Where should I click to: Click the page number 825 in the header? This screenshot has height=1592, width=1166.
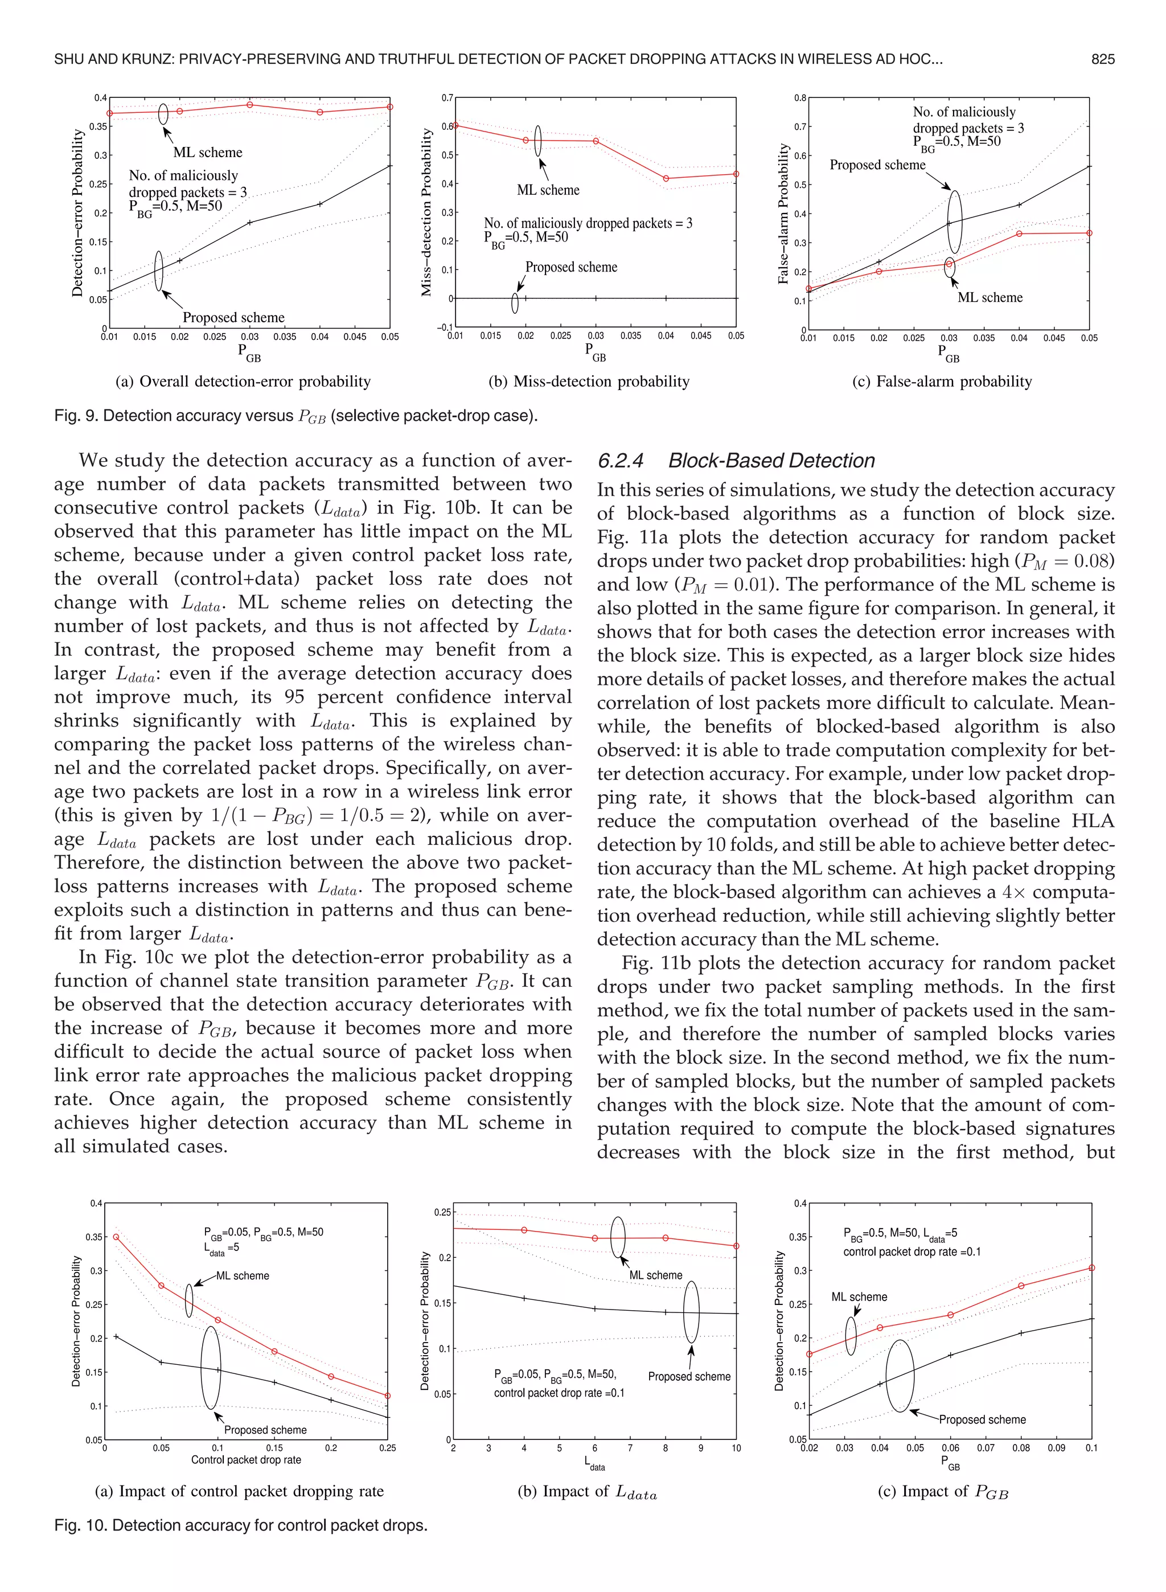(x=1102, y=59)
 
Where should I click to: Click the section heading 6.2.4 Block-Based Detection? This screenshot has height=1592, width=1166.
(x=736, y=461)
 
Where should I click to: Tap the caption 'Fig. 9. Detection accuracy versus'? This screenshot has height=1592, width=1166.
(x=173, y=416)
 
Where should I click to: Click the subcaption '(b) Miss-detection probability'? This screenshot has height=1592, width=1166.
(x=589, y=381)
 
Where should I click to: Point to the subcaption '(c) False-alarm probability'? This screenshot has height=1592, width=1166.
(x=942, y=381)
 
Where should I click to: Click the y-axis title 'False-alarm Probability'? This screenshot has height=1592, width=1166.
(x=783, y=214)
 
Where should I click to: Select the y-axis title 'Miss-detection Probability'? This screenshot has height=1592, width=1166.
(x=426, y=212)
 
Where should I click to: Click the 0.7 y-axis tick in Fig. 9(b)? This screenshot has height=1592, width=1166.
(x=447, y=98)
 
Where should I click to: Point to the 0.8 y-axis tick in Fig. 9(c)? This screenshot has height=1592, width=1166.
(x=800, y=98)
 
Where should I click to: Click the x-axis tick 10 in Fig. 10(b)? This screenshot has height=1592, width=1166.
(x=736, y=1448)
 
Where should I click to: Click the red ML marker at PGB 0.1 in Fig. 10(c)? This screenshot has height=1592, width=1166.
(x=1091, y=1268)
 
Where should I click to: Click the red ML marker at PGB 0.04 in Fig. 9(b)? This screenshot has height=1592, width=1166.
(x=666, y=179)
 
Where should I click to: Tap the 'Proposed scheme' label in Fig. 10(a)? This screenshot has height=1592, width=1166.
(x=265, y=1430)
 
